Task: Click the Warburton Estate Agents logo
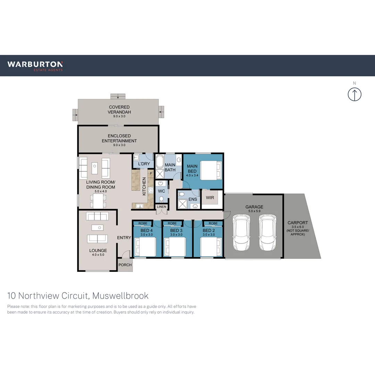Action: pyautogui.click(x=35, y=66)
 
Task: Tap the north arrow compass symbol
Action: pyautogui.click(x=355, y=94)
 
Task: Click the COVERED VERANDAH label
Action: pyautogui.click(x=119, y=110)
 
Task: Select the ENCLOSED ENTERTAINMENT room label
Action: pyautogui.click(x=119, y=138)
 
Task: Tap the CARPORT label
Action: pyautogui.click(x=298, y=223)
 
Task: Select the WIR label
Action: pyautogui.click(x=210, y=198)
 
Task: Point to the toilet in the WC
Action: pyautogui.click(x=161, y=199)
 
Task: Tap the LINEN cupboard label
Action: pyautogui.click(x=161, y=207)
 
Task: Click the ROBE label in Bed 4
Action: pyautogui.click(x=143, y=223)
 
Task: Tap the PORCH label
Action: pyautogui.click(x=125, y=265)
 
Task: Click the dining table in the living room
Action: pyautogui.click(x=98, y=201)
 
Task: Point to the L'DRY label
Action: pyautogui.click(x=144, y=164)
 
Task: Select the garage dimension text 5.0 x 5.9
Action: pyautogui.click(x=255, y=211)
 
